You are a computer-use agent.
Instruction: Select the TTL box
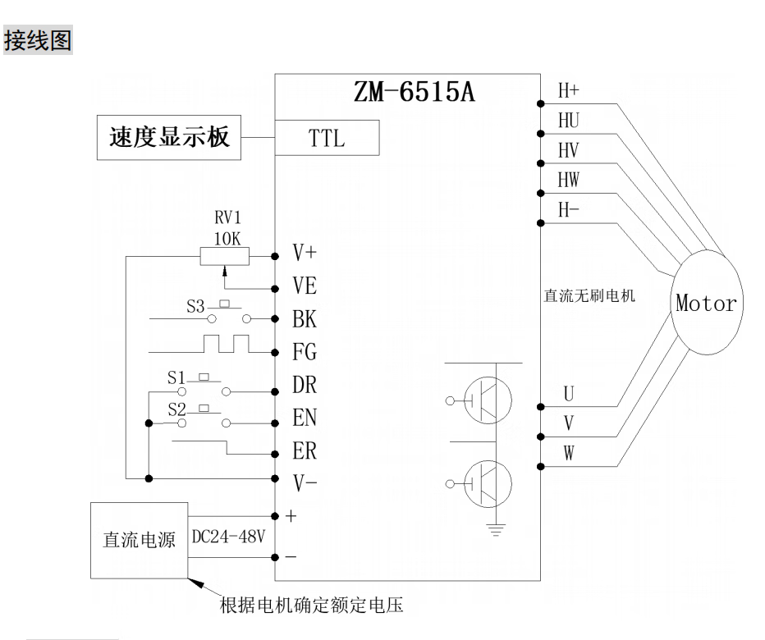327,138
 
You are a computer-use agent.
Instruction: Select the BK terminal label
305,320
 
